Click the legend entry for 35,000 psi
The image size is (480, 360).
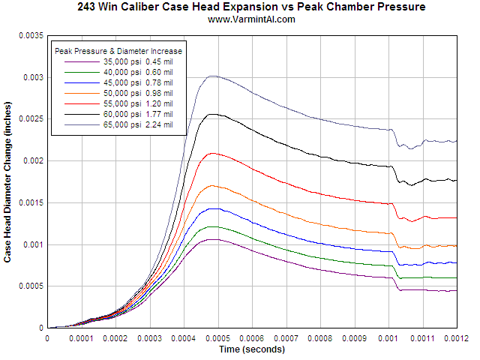[x=120, y=61]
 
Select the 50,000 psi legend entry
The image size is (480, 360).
[x=120, y=93]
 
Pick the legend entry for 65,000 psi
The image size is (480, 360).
[x=120, y=124]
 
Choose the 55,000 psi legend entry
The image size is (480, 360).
[x=120, y=103]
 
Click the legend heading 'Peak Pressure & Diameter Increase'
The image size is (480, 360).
[x=119, y=50]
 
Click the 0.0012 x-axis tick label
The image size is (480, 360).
[x=456, y=338]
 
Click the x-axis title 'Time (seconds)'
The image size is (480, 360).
[x=251, y=349]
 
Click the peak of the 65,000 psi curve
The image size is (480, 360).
[x=213, y=76]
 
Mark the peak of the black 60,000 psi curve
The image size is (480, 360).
[x=214, y=114]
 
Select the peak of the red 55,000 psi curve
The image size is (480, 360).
[x=214, y=153]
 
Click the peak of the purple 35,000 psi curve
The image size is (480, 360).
[x=215, y=239]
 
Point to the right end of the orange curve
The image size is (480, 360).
[x=457, y=246]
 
